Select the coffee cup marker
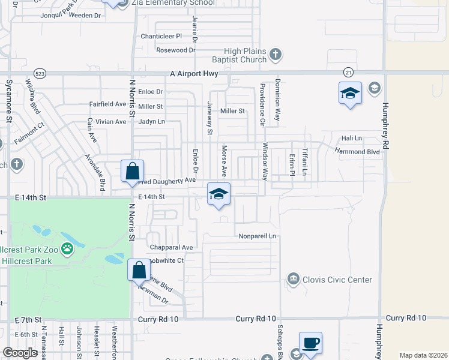coord(310,344)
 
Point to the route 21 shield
coord(348,72)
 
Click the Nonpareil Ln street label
coord(257,236)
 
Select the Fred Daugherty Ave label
coord(167,181)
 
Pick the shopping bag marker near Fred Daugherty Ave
coord(132,171)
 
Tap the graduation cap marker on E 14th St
coord(219,194)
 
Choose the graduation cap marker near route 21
coord(350,94)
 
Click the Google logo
coord(20,353)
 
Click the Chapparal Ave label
coord(171,247)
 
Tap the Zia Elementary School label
coord(173,3)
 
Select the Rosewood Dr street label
coord(176,50)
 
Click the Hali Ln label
coord(352,139)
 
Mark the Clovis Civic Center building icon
coord(293,278)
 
